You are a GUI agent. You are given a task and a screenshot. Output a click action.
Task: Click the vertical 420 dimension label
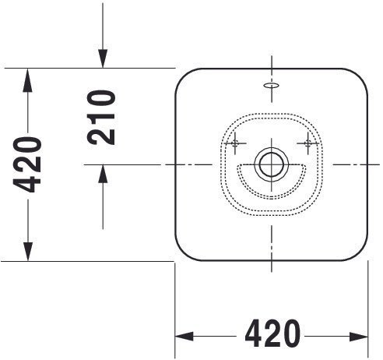tap(27, 165)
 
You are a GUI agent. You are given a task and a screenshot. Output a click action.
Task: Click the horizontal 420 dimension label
tap(272, 334)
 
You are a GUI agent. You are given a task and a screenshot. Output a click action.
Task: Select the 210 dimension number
tap(101, 118)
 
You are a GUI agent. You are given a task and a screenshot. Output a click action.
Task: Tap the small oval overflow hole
tap(272, 85)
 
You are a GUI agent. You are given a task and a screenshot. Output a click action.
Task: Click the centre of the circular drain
tap(272, 164)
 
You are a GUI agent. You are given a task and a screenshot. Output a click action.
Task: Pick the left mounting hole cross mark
tap(235, 143)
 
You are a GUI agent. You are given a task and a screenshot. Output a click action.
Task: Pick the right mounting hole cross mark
tap(308, 143)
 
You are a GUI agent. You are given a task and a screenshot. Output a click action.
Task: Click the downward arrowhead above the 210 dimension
tap(103, 58)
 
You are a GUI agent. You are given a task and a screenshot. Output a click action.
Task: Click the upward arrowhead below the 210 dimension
tap(103, 174)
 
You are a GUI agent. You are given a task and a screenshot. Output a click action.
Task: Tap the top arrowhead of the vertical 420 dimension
tap(27, 80)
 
